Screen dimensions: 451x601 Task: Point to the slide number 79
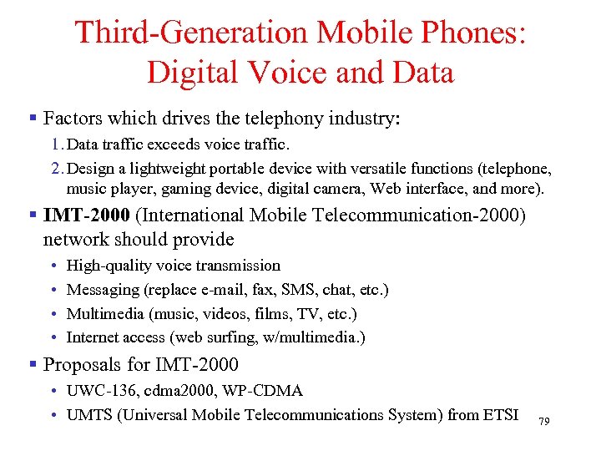[543, 421]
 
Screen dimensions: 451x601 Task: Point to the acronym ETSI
[499, 414]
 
